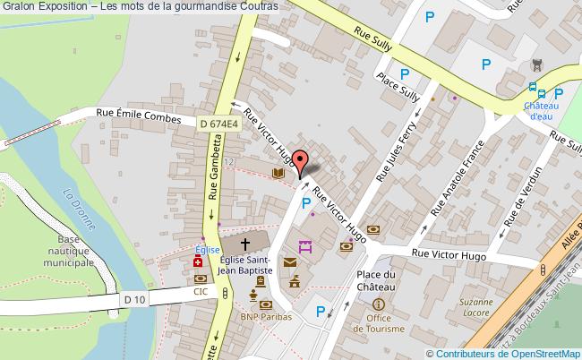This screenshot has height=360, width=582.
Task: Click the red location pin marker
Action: coord(302,163)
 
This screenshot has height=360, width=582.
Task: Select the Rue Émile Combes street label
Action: coord(139,116)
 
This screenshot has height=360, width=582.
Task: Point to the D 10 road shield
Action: coord(134,299)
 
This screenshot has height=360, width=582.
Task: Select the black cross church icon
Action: coord(245,242)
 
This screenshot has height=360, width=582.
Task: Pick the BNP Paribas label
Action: coord(260,316)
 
